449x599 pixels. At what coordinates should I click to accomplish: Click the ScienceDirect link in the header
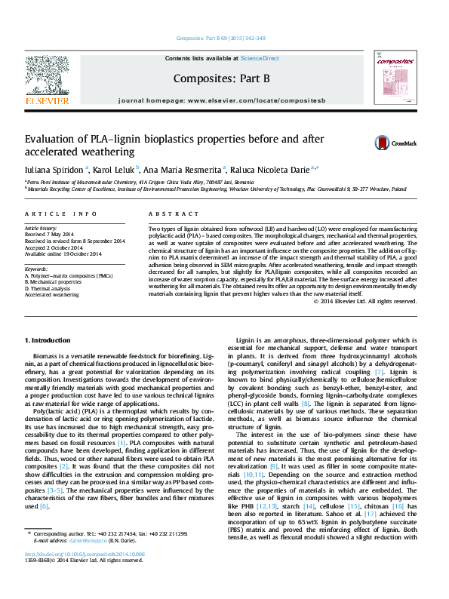coord(260,58)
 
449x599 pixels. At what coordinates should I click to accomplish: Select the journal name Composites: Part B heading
coord(221,78)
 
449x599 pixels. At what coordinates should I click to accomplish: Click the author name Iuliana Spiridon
coord(54,170)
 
